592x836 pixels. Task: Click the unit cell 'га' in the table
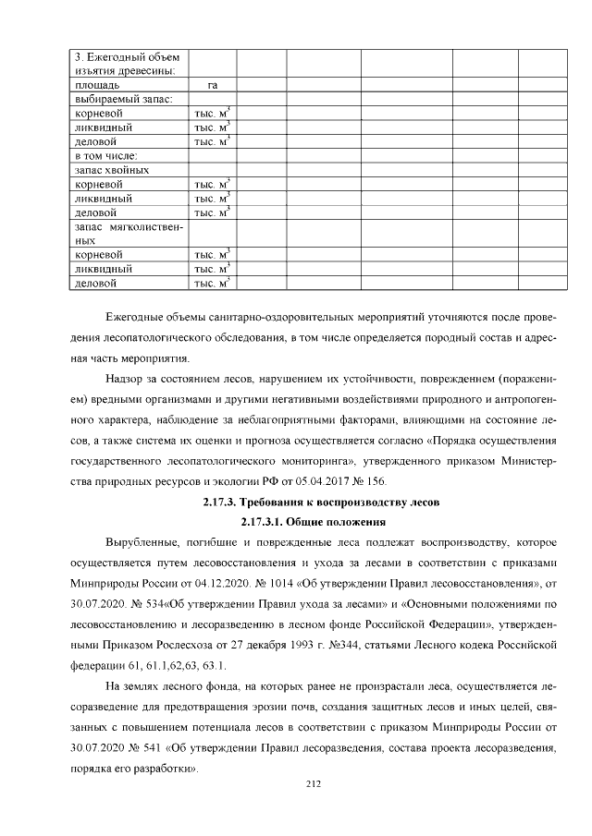[212, 85]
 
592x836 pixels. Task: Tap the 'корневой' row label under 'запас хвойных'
[99, 184]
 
